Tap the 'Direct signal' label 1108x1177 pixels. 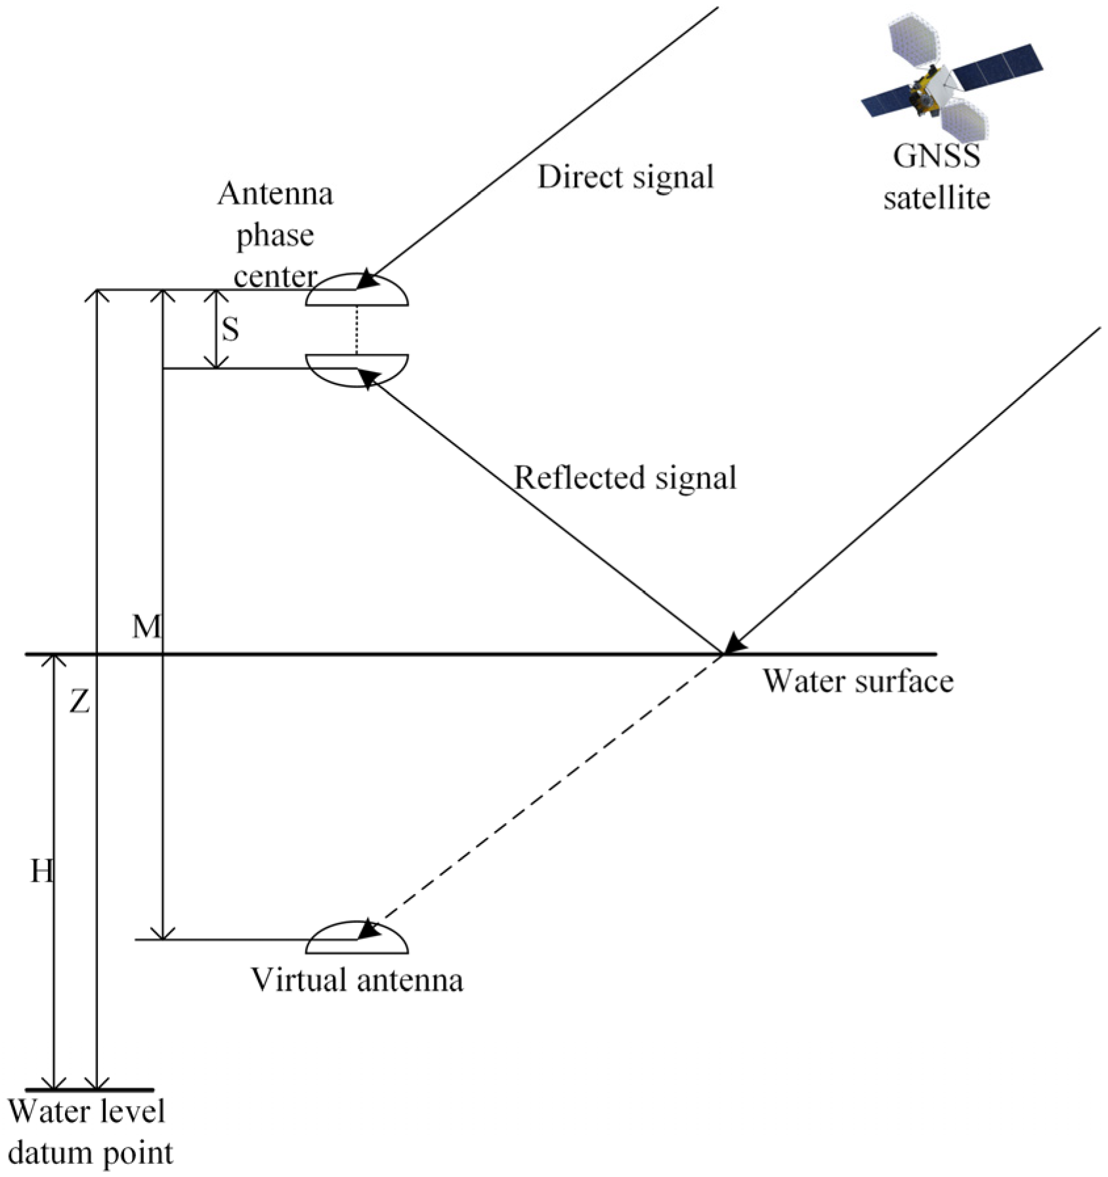[x=625, y=177]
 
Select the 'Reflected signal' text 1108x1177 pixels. [x=625, y=477]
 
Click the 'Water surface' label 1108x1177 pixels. [x=857, y=681]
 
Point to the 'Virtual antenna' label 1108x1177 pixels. [x=357, y=980]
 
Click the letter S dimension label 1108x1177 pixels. [x=230, y=330]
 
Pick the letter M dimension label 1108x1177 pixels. [x=146, y=628]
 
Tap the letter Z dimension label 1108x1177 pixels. [x=79, y=702]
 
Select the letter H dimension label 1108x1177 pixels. [x=41, y=872]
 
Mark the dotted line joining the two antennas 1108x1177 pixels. [x=356, y=330]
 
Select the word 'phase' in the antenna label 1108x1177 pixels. [x=275, y=236]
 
